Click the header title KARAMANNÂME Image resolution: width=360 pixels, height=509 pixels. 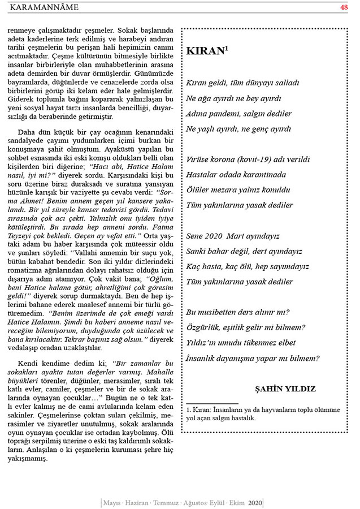click(45, 7)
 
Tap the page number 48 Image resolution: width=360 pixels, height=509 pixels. click(344, 7)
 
